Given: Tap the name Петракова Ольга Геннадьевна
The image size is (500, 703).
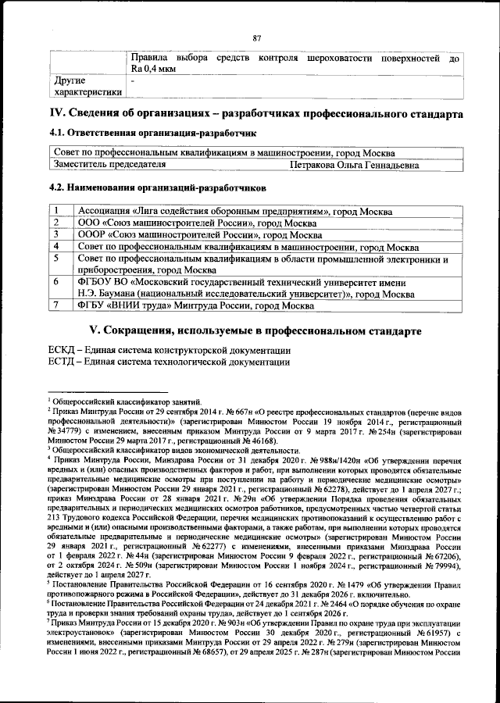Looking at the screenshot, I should (x=354, y=166).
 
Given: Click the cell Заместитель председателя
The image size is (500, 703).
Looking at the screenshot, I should (x=109, y=166).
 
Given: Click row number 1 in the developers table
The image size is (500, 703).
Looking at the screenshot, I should (x=57, y=211).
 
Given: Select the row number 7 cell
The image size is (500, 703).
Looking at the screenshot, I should (x=57, y=305).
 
